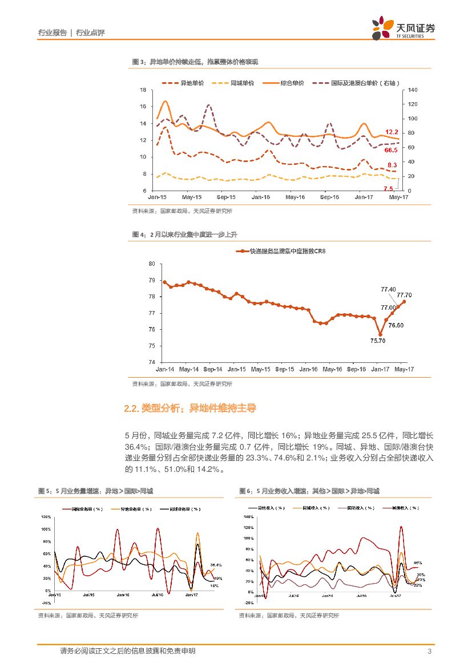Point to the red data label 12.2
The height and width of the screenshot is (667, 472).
pyautogui.click(x=392, y=132)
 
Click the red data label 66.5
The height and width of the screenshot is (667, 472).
pyautogui.click(x=391, y=150)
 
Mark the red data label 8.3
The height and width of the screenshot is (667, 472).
pyautogui.click(x=392, y=164)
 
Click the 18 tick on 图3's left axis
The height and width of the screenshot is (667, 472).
pyautogui.click(x=143, y=90)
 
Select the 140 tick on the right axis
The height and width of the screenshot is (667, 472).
pyautogui.click(x=413, y=90)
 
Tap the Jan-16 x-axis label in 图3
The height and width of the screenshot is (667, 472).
pyautogui.click(x=261, y=197)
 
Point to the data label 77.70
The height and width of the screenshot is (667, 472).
pyautogui.click(x=404, y=295)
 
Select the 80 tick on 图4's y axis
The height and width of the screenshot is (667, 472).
pyautogui.click(x=152, y=264)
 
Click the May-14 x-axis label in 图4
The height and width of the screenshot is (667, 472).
pyautogui.click(x=188, y=369)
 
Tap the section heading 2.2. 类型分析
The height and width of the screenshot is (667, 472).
pyautogui.click(x=190, y=409)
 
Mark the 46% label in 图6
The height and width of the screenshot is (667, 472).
pyautogui.click(x=417, y=562)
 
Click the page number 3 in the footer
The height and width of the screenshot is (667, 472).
pyautogui.click(x=429, y=652)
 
